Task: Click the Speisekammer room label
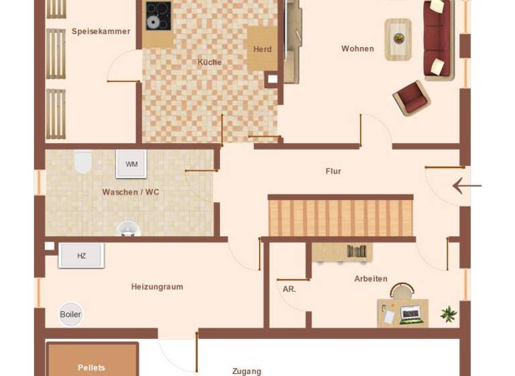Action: pos(101,31)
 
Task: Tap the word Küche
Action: pos(209,62)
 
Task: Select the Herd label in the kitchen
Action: pos(262,49)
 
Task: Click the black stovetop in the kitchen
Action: pos(158,16)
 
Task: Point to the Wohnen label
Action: pos(357,48)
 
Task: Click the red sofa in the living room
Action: pos(439,38)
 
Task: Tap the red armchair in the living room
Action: pos(411,98)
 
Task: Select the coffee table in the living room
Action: pos(398,39)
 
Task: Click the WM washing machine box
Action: pos(131,164)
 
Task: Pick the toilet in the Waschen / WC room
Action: pos(82,161)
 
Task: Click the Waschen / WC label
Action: pos(131,192)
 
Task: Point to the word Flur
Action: pos(333,171)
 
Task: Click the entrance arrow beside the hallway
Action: pos(467,185)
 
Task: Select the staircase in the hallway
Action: pos(341,216)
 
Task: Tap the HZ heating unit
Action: pos(81,256)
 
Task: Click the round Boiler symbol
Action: pos(70,314)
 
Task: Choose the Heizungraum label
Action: pos(157,287)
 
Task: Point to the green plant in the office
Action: pos(449,314)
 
